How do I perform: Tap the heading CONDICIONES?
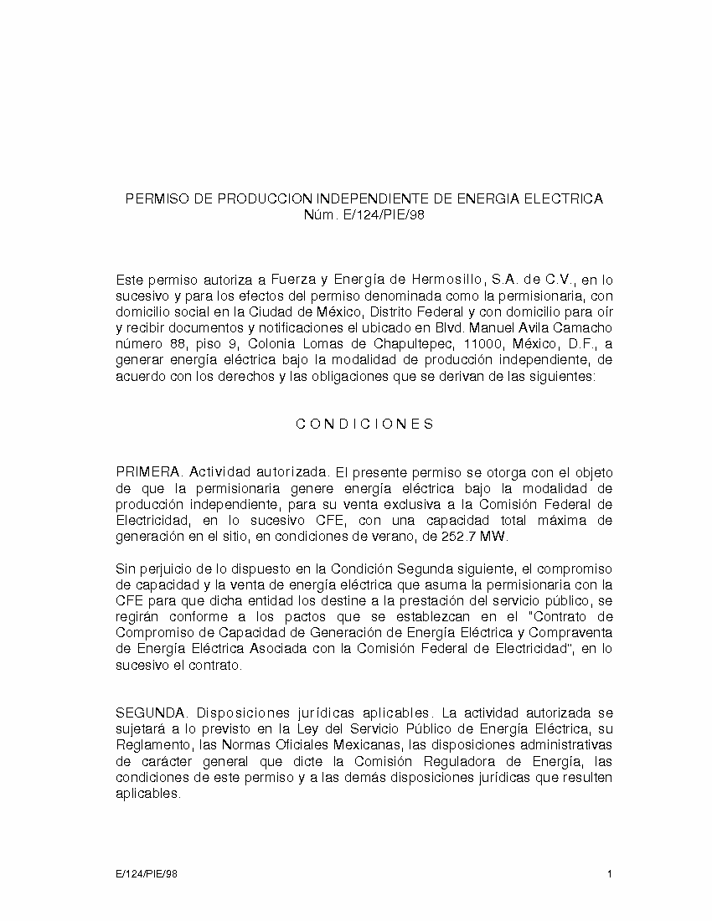tap(364, 424)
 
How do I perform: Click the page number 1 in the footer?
tap(611, 875)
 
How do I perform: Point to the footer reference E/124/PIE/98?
tap(147, 875)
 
